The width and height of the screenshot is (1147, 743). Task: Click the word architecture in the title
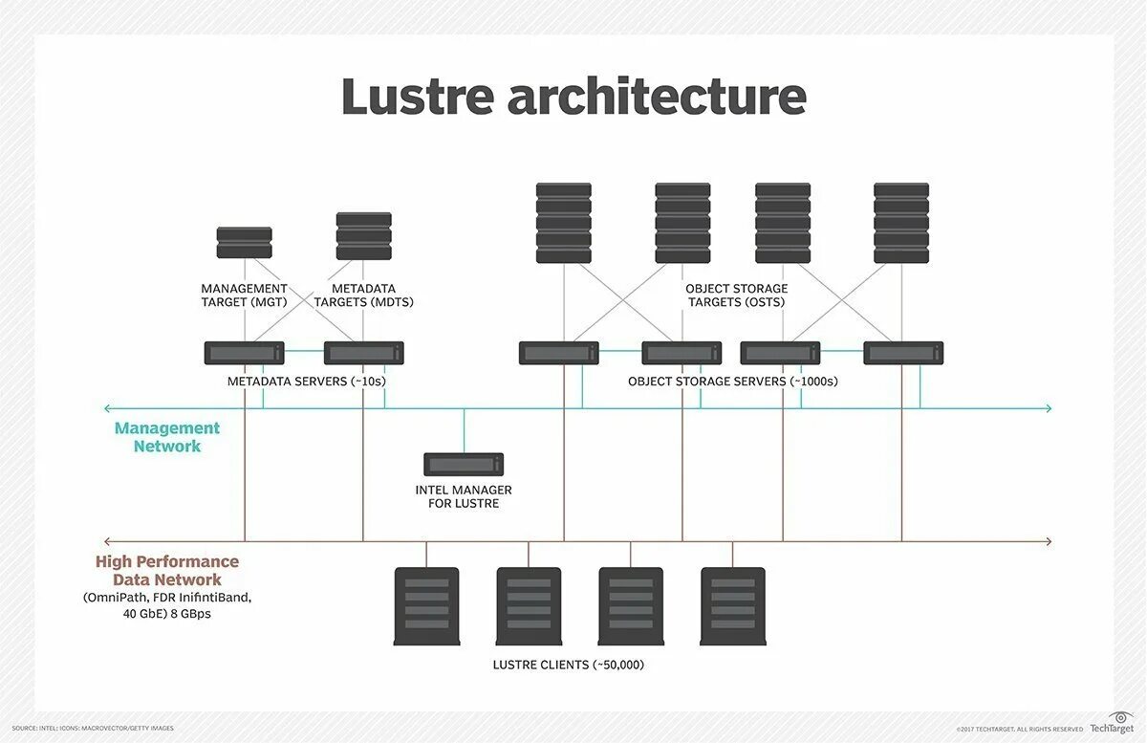pos(657,98)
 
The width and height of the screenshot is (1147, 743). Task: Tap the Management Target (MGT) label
pos(244,295)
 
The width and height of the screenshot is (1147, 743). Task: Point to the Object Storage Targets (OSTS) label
pos(736,295)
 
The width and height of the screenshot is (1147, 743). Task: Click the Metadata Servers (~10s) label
pos(306,381)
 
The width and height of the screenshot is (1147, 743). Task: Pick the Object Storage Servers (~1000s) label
pos(732,381)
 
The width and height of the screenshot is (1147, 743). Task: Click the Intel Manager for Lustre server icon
pos(464,464)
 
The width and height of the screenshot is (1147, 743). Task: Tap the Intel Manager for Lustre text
pos(464,496)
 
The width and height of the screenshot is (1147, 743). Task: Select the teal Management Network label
pos(167,437)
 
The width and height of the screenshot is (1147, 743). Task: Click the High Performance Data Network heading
pos(167,570)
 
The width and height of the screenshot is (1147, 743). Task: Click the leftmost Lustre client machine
pos(426,606)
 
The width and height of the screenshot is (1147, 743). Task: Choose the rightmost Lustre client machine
pos(733,606)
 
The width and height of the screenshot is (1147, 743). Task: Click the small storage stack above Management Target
pos(244,243)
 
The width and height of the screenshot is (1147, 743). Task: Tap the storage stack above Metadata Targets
pos(363,236)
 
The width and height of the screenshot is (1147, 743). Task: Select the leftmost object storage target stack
pos(564,223)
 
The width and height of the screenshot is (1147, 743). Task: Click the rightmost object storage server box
pos(903,353)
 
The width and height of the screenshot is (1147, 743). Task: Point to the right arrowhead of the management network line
pos(1048,408)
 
